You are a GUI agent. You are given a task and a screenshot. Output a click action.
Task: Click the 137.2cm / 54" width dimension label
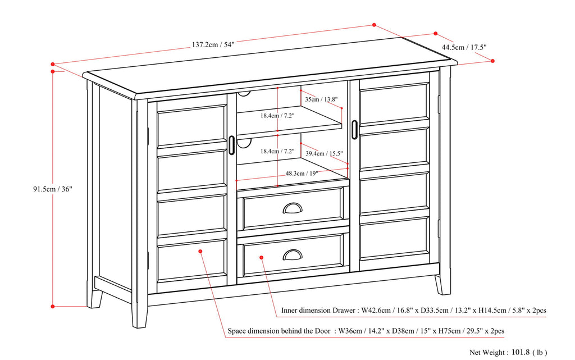click(213, 44)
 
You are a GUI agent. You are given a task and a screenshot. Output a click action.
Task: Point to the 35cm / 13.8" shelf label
click(321, 99)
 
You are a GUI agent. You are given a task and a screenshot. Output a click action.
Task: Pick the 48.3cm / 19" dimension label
click(302, 174)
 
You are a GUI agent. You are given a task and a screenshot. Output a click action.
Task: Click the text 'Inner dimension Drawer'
click(318, 310)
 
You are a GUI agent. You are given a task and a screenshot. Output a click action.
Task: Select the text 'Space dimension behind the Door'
click(279, 331)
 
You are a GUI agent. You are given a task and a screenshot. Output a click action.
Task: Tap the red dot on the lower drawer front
click(261, 258)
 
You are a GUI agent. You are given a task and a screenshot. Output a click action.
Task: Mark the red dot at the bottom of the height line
click(52, 306)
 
